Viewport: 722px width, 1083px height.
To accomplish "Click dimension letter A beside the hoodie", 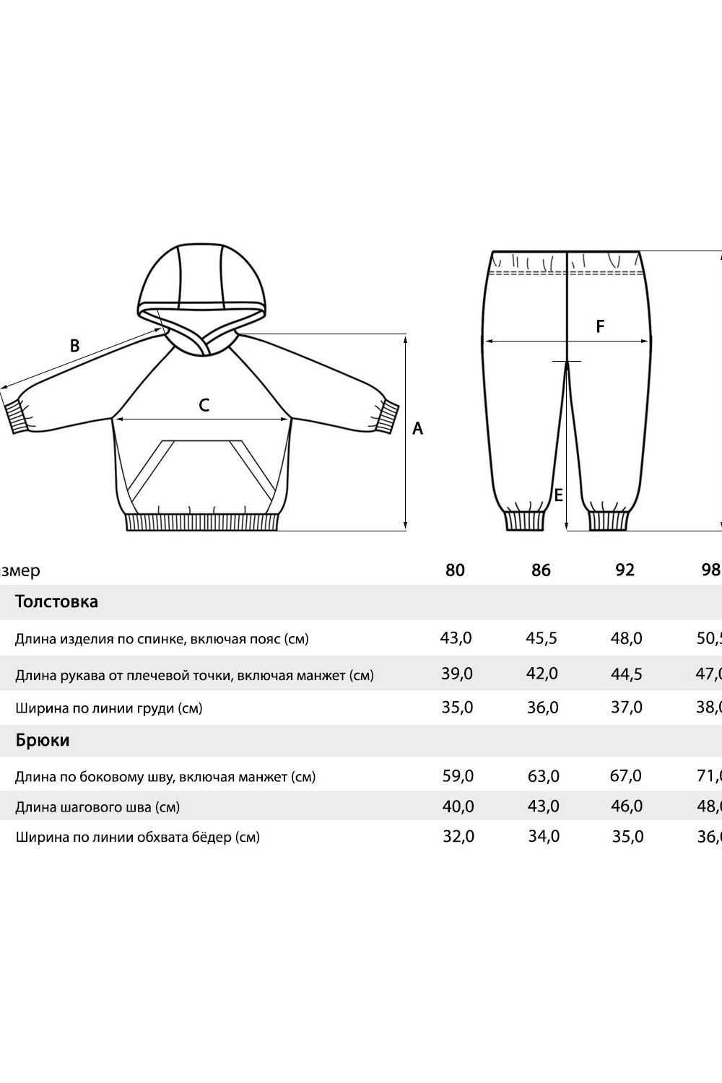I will coord(417,428).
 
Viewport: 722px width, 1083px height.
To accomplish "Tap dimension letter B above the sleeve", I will coord(74,346).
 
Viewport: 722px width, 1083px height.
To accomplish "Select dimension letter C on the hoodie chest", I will coord(204,405).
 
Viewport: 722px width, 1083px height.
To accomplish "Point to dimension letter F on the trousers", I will coord(600,326).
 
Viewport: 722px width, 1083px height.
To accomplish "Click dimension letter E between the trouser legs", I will coord(558,495).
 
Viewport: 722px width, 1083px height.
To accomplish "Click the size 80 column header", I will coord(455,570).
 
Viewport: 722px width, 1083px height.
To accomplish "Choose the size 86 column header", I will coord(541,570).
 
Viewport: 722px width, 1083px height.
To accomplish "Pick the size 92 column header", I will coord(625,570).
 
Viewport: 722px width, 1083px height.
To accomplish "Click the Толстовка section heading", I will coord(56,601).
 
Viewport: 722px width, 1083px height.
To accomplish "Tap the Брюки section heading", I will coord(43,740).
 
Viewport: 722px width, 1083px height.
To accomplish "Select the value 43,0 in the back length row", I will coord(456,638).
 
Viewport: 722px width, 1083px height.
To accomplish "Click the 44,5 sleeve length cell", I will coord(626,674).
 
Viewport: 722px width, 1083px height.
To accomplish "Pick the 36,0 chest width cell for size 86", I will coord(542,708).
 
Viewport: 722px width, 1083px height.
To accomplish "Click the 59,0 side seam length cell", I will coord(458,776).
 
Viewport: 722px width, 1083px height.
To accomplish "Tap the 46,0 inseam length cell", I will coord(626,806).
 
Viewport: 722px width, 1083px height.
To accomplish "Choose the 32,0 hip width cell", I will coord(458,837).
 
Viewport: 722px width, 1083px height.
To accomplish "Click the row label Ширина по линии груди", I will coord(109,708).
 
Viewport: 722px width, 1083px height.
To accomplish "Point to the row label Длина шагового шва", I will coord(97,807).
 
